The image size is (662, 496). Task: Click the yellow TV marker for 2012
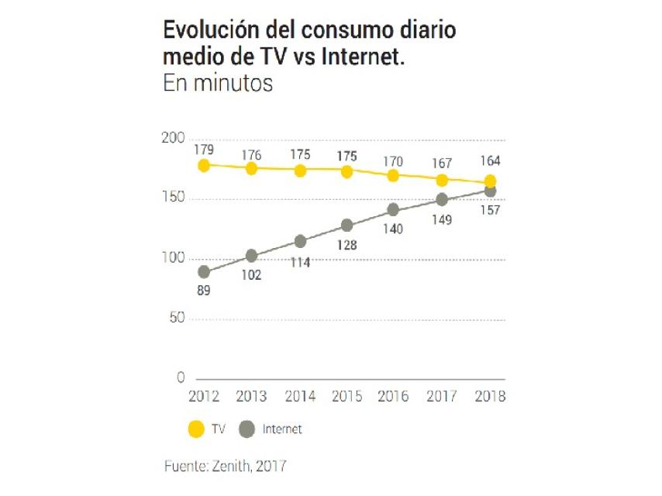204,165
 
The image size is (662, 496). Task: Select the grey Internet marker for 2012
204,272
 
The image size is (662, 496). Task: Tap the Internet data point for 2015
347,226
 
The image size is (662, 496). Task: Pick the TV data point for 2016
394,175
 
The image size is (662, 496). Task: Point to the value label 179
204,149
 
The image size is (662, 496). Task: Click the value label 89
204,291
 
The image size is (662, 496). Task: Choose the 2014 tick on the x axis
299,396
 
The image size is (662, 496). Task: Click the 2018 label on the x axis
489,396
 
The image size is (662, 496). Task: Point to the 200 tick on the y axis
174,139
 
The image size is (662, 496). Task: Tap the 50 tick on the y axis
177,318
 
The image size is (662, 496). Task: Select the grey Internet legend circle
247,429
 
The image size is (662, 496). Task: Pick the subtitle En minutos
218,84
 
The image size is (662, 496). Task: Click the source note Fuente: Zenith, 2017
225,467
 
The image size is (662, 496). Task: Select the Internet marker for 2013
251,256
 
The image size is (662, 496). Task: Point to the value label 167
442,164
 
